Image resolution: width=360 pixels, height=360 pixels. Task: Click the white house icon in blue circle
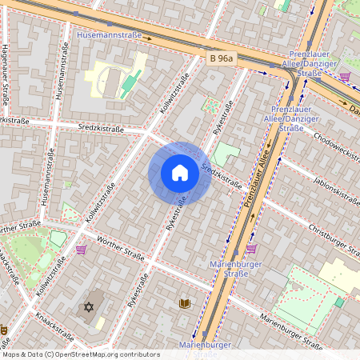[180, 173]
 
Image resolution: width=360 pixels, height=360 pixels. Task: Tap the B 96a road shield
[222, 58]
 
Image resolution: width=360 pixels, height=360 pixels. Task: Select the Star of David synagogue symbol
[88, 307]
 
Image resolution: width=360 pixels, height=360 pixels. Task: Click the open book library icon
[185, 304]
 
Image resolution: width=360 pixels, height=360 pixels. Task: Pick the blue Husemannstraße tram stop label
[109, 36]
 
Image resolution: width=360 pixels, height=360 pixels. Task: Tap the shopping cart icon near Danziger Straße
[345, 77]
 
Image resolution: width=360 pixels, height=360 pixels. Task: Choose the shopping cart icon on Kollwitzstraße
[81, 250]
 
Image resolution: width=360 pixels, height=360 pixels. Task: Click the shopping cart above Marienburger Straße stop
[250, 249]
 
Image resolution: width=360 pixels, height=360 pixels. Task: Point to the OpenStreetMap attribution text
[81, 354]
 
